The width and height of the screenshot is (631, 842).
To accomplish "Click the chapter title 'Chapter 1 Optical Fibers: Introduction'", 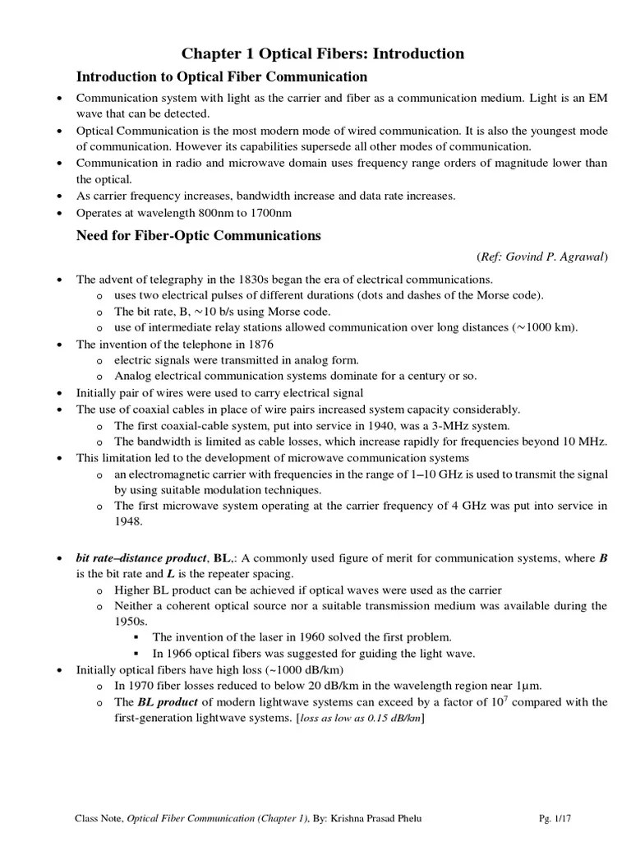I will (x=323, y=53).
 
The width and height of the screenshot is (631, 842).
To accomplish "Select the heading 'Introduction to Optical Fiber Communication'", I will (x=222, y=77).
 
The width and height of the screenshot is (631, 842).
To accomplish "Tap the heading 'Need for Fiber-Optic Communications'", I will (x=198, y=235).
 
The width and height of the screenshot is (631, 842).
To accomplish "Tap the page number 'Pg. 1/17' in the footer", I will (x=558, y=818).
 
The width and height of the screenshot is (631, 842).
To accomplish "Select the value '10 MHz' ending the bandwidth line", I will (x=587, y=442).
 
